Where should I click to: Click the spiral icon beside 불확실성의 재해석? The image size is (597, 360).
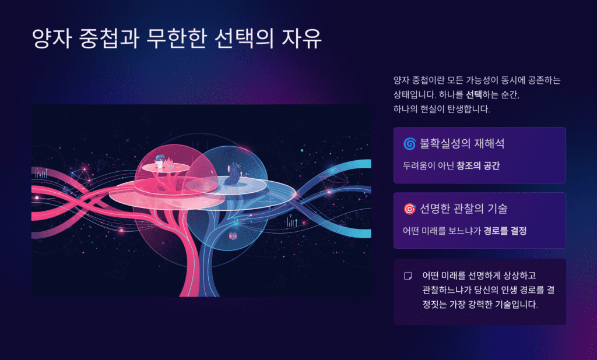pos(409,144)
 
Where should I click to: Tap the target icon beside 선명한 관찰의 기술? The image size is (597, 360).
pos(409,209)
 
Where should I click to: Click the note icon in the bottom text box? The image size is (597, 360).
pos(408,276)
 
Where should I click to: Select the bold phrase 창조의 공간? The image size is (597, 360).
pos(479,165)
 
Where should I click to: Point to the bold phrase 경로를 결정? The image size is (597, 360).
pos(505,231)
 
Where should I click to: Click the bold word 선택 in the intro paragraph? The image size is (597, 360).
pos(473,94)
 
